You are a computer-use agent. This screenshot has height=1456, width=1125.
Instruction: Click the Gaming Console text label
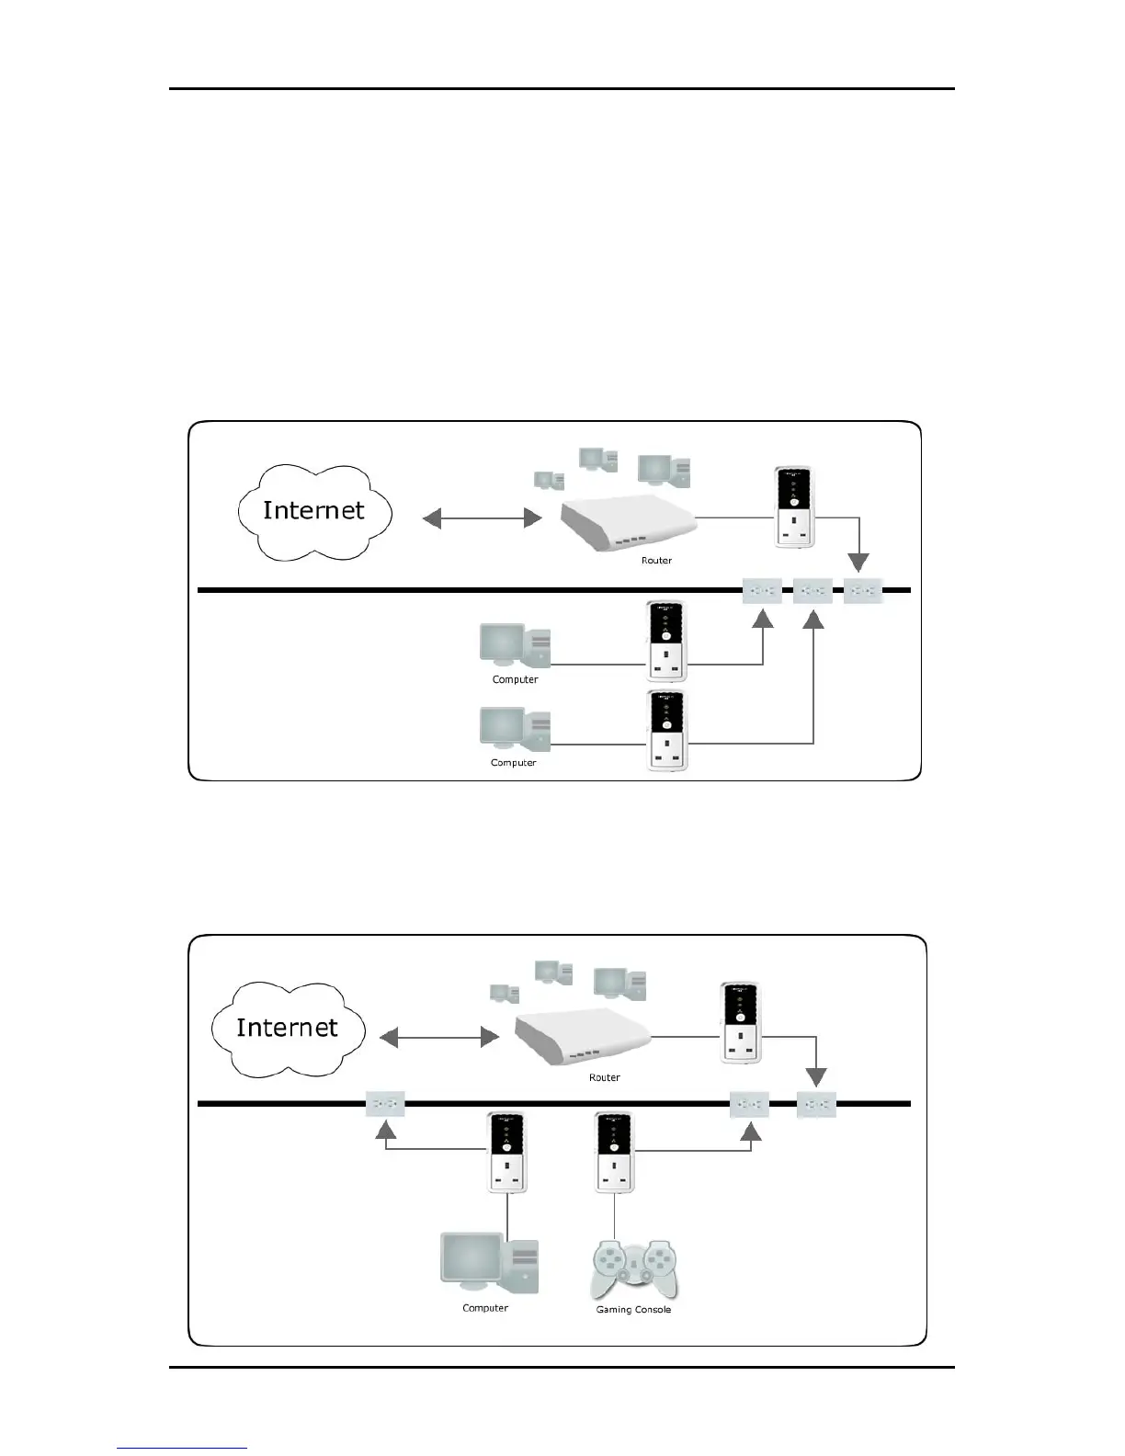pyautogui.click(x=633, y=1309)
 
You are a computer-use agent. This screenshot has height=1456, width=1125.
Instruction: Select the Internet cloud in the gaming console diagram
pyautogui.click(x=288, y=1028)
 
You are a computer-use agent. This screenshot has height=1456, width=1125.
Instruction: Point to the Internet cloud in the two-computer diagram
pyautogui.click(x=314, y=511)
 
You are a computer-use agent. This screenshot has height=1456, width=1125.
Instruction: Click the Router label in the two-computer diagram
pyautogui.click(x=656, y=560)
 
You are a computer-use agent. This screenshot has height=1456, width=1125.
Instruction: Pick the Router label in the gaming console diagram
pyautogui.click(x=604, y=1077)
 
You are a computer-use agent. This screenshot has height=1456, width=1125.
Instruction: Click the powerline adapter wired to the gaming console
pyautogui.click(x=615, y=1153)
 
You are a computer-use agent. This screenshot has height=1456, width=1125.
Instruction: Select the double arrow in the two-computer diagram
pyautogui.click(x=482, y=519)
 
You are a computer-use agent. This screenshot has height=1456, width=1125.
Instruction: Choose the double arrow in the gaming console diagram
pyautogui.click(x=438, y=1038)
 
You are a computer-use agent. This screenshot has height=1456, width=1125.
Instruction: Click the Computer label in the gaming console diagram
pyautogui.click(x=485, y=1308)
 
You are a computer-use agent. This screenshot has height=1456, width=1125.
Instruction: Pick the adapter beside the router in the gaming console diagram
pyautogui.click(x=740, y=1023)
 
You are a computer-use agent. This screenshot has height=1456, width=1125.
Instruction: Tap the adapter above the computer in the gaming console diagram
pyautogui.click(x=506, y=1153)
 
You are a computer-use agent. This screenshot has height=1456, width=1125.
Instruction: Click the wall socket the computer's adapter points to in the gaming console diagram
pyautogui.click(x=385, y=1104)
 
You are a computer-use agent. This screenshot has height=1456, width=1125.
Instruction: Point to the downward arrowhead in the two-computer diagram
pyautogui.click(x=858, y=562)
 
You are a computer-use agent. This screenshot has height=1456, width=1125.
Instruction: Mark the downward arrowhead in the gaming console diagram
pyautogui.click(x=816, y=1077)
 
